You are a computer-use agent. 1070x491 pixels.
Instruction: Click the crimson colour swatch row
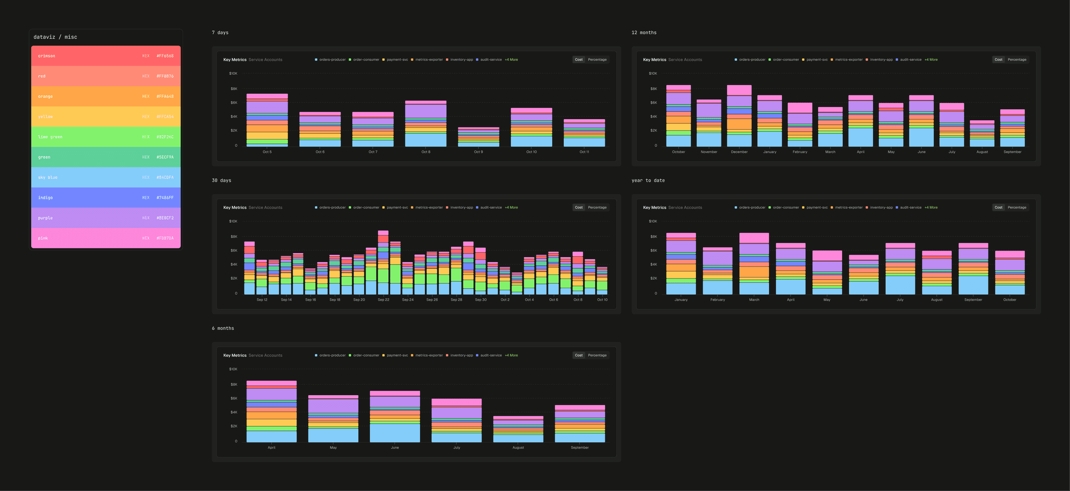(106, 56)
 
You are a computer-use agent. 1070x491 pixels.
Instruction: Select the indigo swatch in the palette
(106, 198)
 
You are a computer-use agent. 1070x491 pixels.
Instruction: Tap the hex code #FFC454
(165, 117)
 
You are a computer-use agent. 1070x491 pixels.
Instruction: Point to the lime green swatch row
(106, 137)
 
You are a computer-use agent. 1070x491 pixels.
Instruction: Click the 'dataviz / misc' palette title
(55, 37)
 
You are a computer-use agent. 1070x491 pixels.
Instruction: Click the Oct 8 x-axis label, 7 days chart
(426, 152)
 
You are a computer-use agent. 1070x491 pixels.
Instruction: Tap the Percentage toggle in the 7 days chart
(597, 60)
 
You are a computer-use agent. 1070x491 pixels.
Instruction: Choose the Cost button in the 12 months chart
(998, 60)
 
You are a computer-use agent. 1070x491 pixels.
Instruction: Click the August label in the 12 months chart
(982, 152)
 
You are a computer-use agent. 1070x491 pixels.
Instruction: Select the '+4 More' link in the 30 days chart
(511, 208)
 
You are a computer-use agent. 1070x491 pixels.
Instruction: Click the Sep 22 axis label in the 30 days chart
(383, 300)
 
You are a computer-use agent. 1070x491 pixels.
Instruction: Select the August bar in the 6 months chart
(518, 429)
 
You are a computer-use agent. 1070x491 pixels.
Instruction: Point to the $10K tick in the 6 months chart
(233, 369)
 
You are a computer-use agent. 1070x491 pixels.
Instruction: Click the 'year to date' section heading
(648, 180)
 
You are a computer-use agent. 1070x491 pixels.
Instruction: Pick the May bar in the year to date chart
(827, 272)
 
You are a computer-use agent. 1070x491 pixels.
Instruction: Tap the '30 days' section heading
(222, 180)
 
